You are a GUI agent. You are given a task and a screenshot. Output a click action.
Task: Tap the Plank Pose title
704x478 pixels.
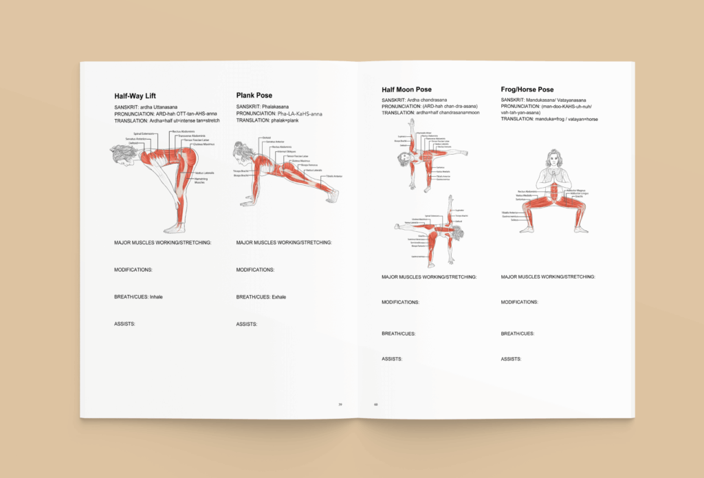click(x=254, y=96)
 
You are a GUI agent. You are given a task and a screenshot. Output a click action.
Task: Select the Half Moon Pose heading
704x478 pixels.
click(x=406, y=90)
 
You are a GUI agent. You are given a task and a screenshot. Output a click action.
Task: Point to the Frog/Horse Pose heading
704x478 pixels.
click(x=527, y=90)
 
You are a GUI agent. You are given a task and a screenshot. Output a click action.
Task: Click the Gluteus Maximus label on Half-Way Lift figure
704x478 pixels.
click(x=204, y=144)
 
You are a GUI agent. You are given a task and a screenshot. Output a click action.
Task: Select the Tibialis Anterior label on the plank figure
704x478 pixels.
click(x=334, y=176)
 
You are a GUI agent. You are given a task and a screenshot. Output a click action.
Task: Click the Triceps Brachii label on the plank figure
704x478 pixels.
click(x=241, y=171)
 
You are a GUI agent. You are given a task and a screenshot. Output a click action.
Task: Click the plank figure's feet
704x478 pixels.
click(x=334, y=197)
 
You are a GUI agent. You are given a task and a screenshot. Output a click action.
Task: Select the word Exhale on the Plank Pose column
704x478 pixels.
click(x=278, y=297)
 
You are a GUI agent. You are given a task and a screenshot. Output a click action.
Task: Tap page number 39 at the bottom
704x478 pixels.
click(x=340, y=404)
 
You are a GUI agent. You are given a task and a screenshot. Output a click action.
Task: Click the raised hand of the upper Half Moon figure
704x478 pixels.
click(x=410, y=120)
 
